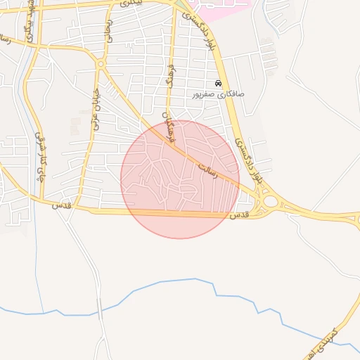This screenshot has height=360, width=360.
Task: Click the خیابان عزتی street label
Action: [94, 109]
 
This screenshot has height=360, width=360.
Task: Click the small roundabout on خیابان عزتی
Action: [101, 64]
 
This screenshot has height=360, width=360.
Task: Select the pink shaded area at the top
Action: [221, 8]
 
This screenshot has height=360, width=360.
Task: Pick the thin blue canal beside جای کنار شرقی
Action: [32, 105]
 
